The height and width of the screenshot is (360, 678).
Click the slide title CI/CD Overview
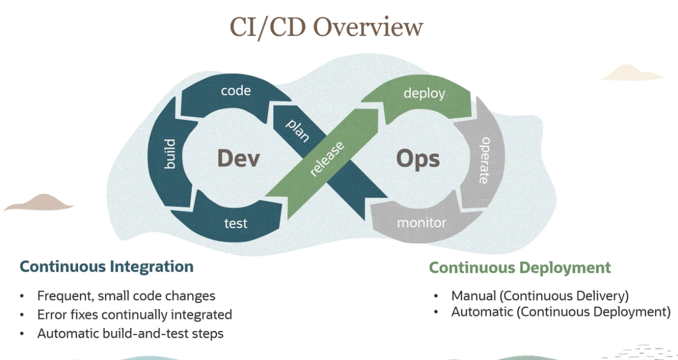[x=326, y=27]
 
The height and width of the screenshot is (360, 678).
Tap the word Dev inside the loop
[x=238, y=159]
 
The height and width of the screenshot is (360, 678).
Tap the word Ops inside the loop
[x=418, y=159]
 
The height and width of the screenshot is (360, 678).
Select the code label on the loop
[x=236, y=90]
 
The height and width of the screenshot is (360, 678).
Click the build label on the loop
[x=169, y=154]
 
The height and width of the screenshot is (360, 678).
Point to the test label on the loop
[x=236, y=223]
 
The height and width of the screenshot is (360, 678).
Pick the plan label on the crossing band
[x=297, y=131]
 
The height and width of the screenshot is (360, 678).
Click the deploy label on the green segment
[x=424, y=93]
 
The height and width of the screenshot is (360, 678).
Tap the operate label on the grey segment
[x=485, y=160]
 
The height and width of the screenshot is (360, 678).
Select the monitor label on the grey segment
[x=421, y=223]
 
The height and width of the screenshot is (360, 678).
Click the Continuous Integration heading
[x=106, y=266]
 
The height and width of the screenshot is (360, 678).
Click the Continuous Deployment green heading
[x=520, y=267]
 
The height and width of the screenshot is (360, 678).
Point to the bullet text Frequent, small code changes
[x=126, y=296]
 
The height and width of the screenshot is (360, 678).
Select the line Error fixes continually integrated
[x=135, y=314]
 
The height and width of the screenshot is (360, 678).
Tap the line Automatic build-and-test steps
[x=130, y=333]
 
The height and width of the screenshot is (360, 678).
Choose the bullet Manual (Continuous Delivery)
[x=539, y=295]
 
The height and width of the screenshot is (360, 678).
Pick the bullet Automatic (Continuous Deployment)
[x=560, y=311]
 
